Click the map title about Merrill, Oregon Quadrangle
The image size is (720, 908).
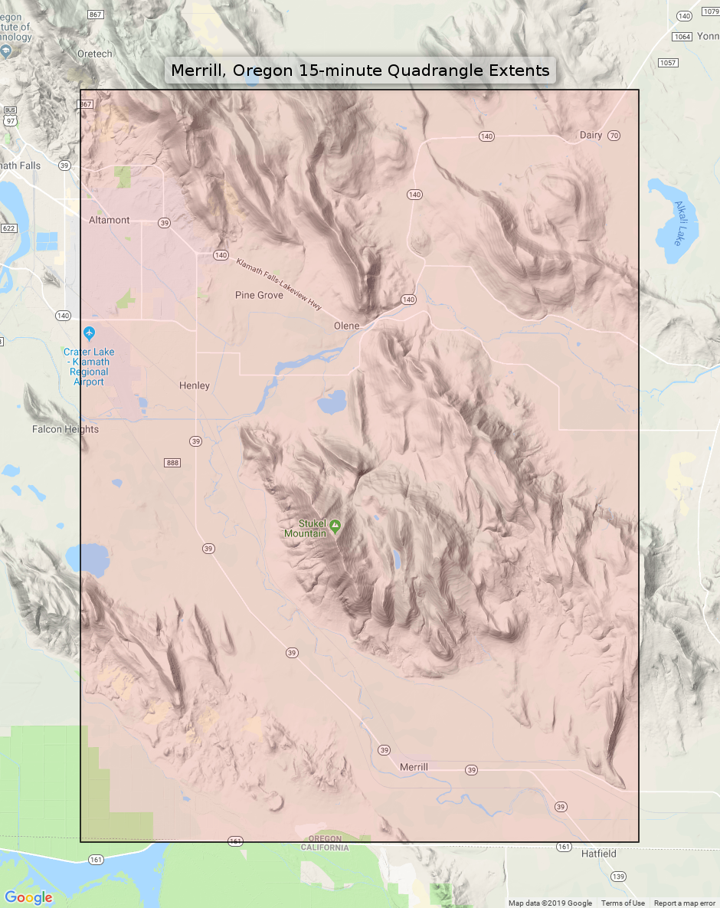pyautogui.click(x=360, y=71)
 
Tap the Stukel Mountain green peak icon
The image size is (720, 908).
pyautogui.click(x=335, y=526)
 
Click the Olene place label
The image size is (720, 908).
pyautogui.click(x=346, y=326)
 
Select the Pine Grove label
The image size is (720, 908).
pyautogui.click(x=259, y=295)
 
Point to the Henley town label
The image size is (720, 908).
pyautogui.click(x=194, y=385)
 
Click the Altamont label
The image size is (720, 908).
pyautogui.click(x=109, y=220)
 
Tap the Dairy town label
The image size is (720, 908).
pyautogui.click(x=591, y=136)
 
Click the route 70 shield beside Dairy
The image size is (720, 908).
pyautogui.click(x=614, y=136)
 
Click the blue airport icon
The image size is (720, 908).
pyautogui.click(x=90, y=333)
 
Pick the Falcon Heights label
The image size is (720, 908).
pyautogui.click(x=65, y=429)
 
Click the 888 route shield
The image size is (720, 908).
pyautogui.click(x=172, y=463)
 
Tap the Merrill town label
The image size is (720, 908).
pyautogui.click(x=414, y=767)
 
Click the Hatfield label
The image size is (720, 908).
pyautogui.click(x=598, y=854)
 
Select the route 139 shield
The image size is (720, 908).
pyautogui.click(x=617, y=875)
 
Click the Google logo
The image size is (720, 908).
pyautogui.click(x=28, y=897)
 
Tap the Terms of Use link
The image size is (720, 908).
pyautogui.click(x=623, y=903)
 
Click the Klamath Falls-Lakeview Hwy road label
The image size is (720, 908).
pyautogui.click(x=279, y=284)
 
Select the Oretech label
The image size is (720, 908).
pyautogui.click(x=95, y=54)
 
